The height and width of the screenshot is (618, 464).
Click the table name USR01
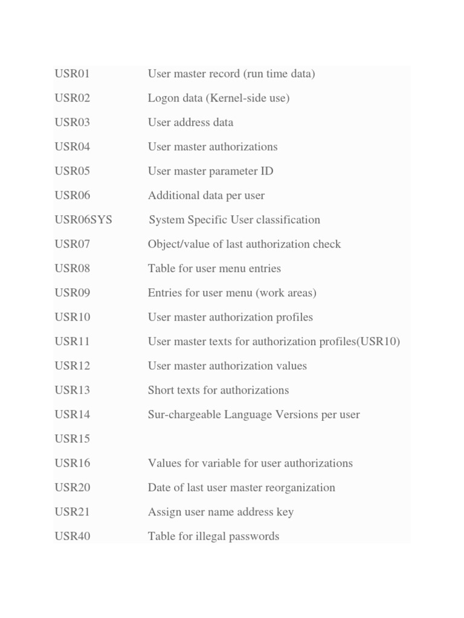point(72,74)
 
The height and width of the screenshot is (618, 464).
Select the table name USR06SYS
point(83,220)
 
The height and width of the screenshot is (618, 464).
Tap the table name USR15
point(72,439)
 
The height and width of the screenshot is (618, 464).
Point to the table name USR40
point(72,537)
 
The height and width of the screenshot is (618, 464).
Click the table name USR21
point(72,512)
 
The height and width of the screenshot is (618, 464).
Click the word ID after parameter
point(266,171)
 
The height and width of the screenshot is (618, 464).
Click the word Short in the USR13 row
point(161,390)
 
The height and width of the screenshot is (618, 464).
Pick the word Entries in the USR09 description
point(167,293)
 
